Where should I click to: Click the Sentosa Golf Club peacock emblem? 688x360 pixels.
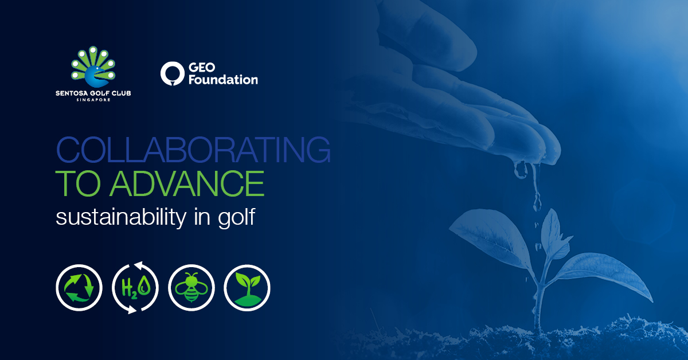[x=93, y=67]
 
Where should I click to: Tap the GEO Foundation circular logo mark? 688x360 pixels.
[x=173, y=73]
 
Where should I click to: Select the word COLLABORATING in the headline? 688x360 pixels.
[x=193, y=149]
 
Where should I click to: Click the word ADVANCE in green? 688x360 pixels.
[x=187, y=183]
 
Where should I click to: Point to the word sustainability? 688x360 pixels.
[x=121, y=217]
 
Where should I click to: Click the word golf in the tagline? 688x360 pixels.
[x=236, y=217]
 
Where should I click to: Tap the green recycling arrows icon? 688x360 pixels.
[x=79, y=288]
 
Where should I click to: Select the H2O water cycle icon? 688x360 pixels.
[x=135, y=288]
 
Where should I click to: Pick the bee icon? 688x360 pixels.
[x=191, y=288]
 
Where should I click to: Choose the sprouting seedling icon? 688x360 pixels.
[x=247, y=288]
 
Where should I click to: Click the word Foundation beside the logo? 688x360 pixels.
[x=223, y=80]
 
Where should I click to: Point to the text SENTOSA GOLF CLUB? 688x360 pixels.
[x=93, y=93]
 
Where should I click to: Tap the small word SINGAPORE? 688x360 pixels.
[x=93, y=100]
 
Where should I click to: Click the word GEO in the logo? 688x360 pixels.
[x=202, y=67]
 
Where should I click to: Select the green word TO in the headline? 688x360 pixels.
[x=78, y=183]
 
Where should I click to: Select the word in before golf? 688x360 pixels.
[x=202, y=217]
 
